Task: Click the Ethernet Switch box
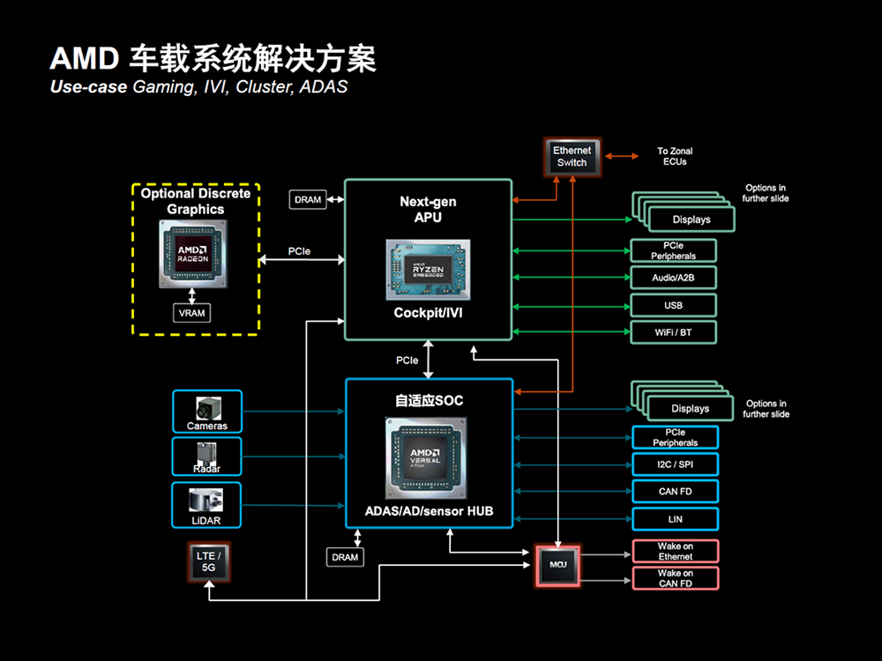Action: pos(572,156)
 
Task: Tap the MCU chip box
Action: pos(558,565)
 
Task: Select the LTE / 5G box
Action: pos(208,562)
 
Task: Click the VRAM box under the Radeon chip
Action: pos(191,313)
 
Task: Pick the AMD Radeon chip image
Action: pos(191,253)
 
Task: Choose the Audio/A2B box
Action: pos(674,278)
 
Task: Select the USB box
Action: pos(674,305)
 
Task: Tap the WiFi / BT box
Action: pos(674,332)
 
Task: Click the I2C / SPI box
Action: pos(676,464)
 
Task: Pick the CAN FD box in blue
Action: pos(676,491)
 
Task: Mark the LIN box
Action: pos(676,518)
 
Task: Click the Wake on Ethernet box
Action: pos(676,552)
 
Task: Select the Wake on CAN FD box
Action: pos(676,578)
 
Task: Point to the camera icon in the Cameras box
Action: pos(207,407)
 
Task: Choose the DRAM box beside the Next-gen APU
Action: pos(308,200)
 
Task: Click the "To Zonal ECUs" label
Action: pos(675,156)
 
